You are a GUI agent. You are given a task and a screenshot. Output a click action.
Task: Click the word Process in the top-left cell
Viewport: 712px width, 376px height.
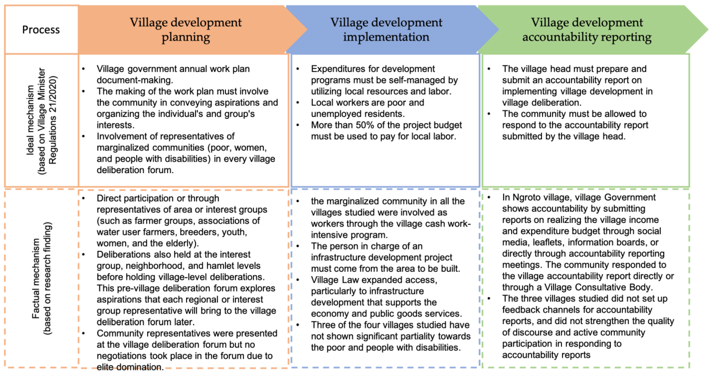tap(41, 30)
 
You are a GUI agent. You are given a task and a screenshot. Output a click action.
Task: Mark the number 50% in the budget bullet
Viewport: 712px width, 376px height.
tap(365, 125)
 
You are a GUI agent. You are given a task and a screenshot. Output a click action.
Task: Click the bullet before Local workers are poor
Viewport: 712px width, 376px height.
tap(298, 102)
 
